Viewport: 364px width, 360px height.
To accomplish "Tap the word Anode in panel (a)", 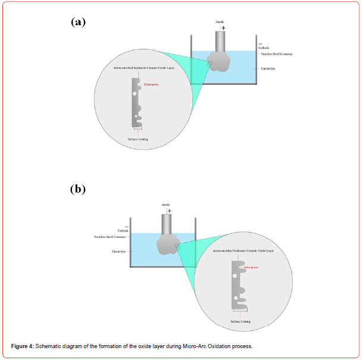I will [220, 22].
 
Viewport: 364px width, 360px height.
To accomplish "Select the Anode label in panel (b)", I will [166, 205].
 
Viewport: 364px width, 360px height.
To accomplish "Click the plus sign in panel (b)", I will [170, 211].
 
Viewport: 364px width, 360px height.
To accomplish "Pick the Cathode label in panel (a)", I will [264, 48].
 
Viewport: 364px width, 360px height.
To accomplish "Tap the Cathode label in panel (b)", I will [123, 230].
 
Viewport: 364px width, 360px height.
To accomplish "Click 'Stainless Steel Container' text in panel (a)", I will [276, 54].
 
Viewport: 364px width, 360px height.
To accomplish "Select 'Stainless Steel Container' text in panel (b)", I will [111, 236].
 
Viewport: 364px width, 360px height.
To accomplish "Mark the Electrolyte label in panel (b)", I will [120, 251].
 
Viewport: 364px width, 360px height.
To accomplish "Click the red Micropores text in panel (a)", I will [151, 85].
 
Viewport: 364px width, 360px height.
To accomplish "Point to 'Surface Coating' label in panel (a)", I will [139, 139].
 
